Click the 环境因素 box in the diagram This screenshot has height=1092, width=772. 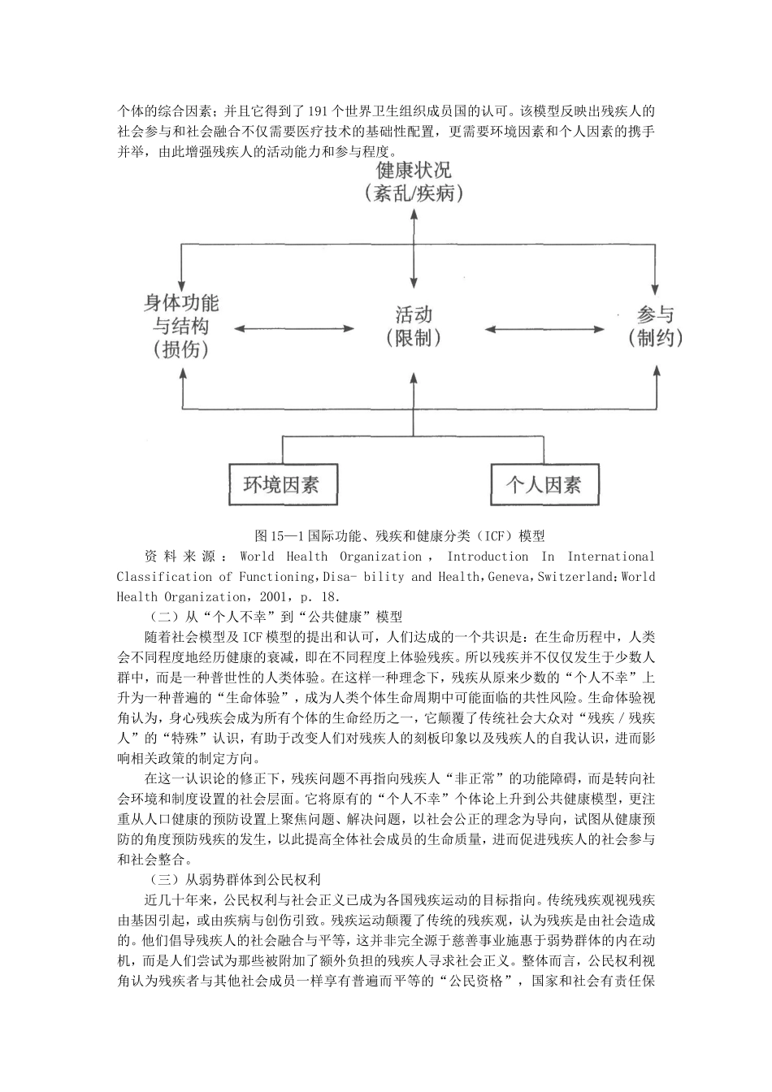pos(281,485)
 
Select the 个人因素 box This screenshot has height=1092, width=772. pos(544,485)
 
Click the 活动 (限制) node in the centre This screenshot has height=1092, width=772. pos(414,326)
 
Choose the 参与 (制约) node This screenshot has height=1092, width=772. pos(655,326)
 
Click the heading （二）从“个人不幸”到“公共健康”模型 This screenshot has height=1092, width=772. pos(276,617)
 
